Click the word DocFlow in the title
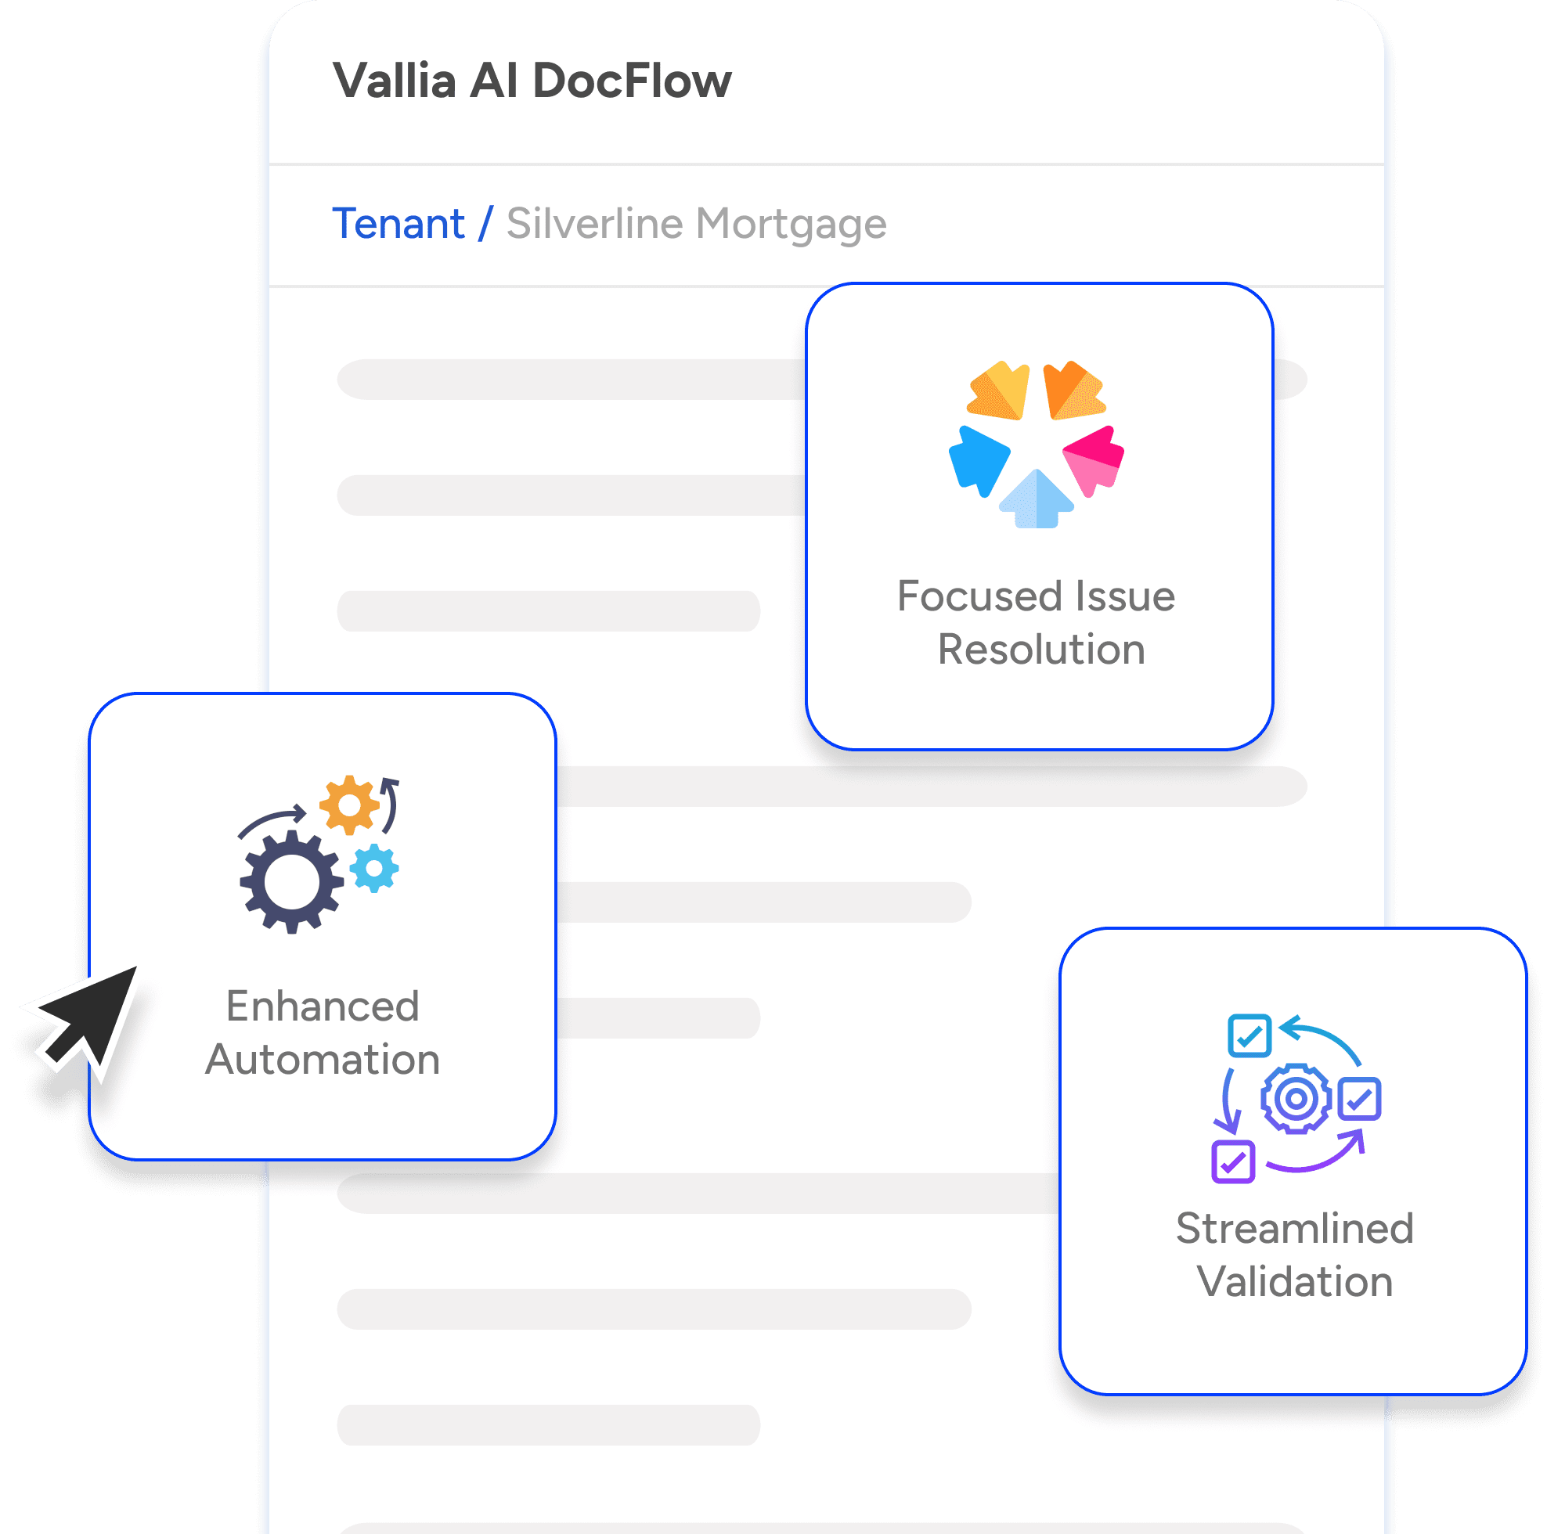pos(631,81)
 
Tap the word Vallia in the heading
pos(395,81)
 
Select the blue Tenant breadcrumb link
pos(398,223)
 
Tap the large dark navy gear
pos(290,881)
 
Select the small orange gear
pos(349,805)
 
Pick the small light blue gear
pos(374,868)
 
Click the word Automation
pos(323,1059)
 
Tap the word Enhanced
pos(323,1006)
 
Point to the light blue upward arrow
pos(1036,500)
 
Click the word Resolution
pos(1041,649)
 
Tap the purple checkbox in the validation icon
pos(1232,1161)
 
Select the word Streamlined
pos(1294,1228)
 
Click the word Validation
pos(1294,1282)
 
